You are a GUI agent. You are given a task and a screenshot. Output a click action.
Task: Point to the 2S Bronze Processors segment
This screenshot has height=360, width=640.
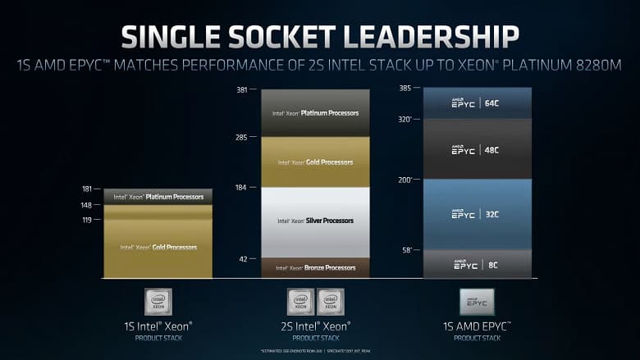(316, 268)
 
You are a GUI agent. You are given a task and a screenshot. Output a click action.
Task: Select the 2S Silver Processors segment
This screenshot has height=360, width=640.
(316, 221)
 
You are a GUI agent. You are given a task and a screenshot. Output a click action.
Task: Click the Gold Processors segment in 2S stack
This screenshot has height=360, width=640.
(316, 162)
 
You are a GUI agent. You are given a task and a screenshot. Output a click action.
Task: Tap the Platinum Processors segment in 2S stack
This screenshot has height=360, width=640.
(316, 113)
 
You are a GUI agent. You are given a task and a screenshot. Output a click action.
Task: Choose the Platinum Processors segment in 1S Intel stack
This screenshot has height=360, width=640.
(158, 197)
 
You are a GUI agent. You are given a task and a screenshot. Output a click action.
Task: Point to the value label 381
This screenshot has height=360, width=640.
(241, 89)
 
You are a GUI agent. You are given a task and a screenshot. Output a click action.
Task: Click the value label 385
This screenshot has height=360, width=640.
(405, 89)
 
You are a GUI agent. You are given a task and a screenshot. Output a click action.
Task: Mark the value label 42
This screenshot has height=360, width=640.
(243, 259)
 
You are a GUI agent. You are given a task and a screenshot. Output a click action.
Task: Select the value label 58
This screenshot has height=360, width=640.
(405, 249)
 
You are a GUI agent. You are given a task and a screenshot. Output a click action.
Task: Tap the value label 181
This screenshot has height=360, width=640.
(87, 189)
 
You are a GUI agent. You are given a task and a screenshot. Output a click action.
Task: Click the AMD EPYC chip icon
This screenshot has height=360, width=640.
(477, 302)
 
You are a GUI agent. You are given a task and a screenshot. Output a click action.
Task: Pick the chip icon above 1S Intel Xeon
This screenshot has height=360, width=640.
(158, 302)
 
